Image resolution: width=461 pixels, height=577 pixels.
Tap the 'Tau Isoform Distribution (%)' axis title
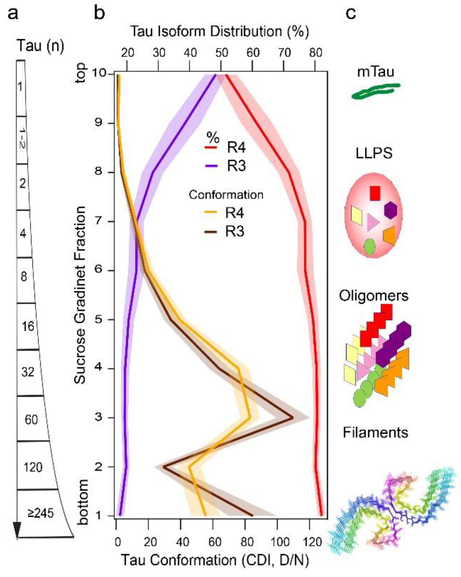[219, 31]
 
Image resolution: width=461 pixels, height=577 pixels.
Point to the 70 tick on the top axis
[284, 53]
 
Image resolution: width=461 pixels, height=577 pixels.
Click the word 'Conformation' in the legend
[226, 195]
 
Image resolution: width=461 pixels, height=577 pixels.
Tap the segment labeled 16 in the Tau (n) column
[28, 326]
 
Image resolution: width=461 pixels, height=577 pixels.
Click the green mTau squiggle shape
[375, 91]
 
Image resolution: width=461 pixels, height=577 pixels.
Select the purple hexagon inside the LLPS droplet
[390, 210]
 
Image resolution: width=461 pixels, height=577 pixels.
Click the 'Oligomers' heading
[374, 296]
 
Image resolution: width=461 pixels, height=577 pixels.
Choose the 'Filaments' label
[375, 433]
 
